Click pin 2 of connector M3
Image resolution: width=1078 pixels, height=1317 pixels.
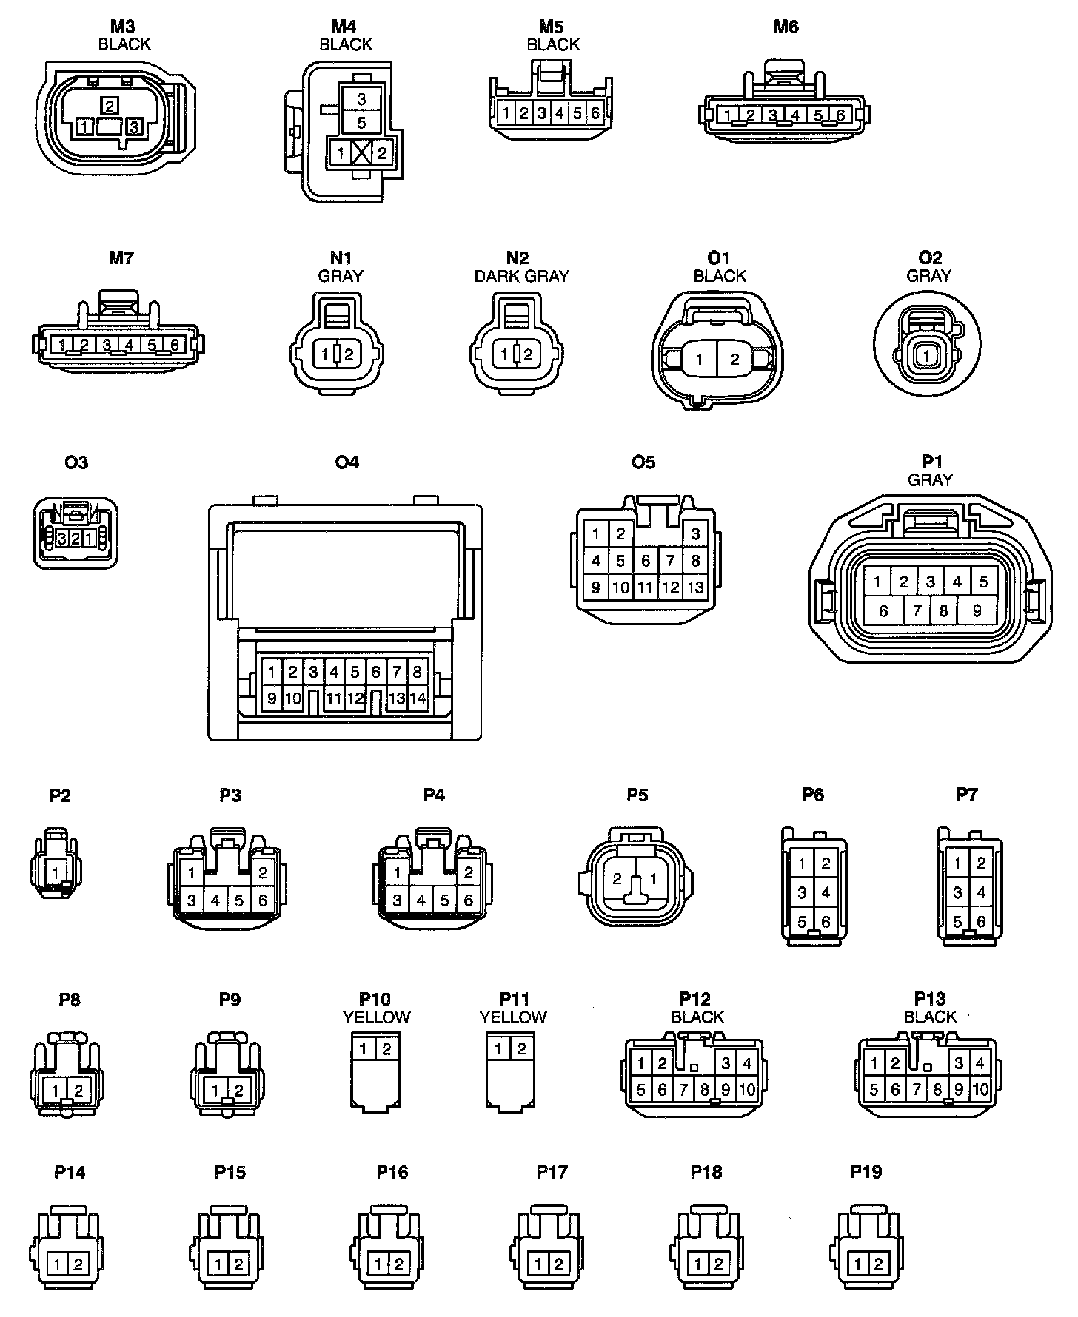click(x=110, y=106)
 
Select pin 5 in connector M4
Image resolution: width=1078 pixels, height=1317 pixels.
click(x=361, y=122)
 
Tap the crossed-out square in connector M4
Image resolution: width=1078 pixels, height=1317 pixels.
click(x=361, y=154)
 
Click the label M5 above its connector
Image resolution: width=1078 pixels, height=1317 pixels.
click(x=552, y=27)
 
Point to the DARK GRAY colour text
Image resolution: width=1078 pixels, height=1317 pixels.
click(x=521, y=276)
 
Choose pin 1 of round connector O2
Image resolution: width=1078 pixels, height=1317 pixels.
click(x=926, y=357)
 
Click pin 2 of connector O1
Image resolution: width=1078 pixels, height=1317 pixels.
click(x=734, y=360)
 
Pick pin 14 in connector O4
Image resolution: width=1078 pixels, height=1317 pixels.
click(x=418, y=698)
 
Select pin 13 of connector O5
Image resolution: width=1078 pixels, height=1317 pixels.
click(x=695, y=587)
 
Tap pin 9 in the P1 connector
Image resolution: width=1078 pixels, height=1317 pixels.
click(x=977, y=611)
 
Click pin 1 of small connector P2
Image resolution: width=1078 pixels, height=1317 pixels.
click(x=56, y=873)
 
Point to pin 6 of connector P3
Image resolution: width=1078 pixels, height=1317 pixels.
click(x=263, y=900)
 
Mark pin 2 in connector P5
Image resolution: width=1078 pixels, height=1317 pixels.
click(x=617, y=879)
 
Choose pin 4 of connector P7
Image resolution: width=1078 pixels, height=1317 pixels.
click(x=981, y=892)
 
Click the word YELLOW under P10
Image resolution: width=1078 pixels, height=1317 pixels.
click(x=376, y=1017)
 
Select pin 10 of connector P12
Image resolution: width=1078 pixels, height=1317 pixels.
click(x=747, y=1089)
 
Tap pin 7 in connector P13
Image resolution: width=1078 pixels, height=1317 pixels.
click(x=917, y=1089)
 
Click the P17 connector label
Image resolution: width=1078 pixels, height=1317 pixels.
click(x=552, y=1172)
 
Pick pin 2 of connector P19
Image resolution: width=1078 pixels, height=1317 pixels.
click(x=878, y=1264)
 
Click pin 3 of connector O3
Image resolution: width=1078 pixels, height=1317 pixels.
click(x=63, y=539)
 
